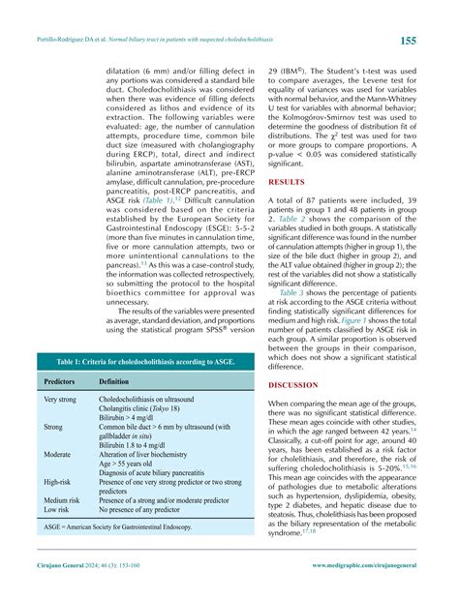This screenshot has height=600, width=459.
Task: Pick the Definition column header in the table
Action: pyautogui.click(x=119, y=382)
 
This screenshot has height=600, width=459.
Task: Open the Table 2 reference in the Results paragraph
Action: pyautogui.click(x=285, y=221)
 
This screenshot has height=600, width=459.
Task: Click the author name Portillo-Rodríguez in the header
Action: pyautogui.click(x=64, y=41)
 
